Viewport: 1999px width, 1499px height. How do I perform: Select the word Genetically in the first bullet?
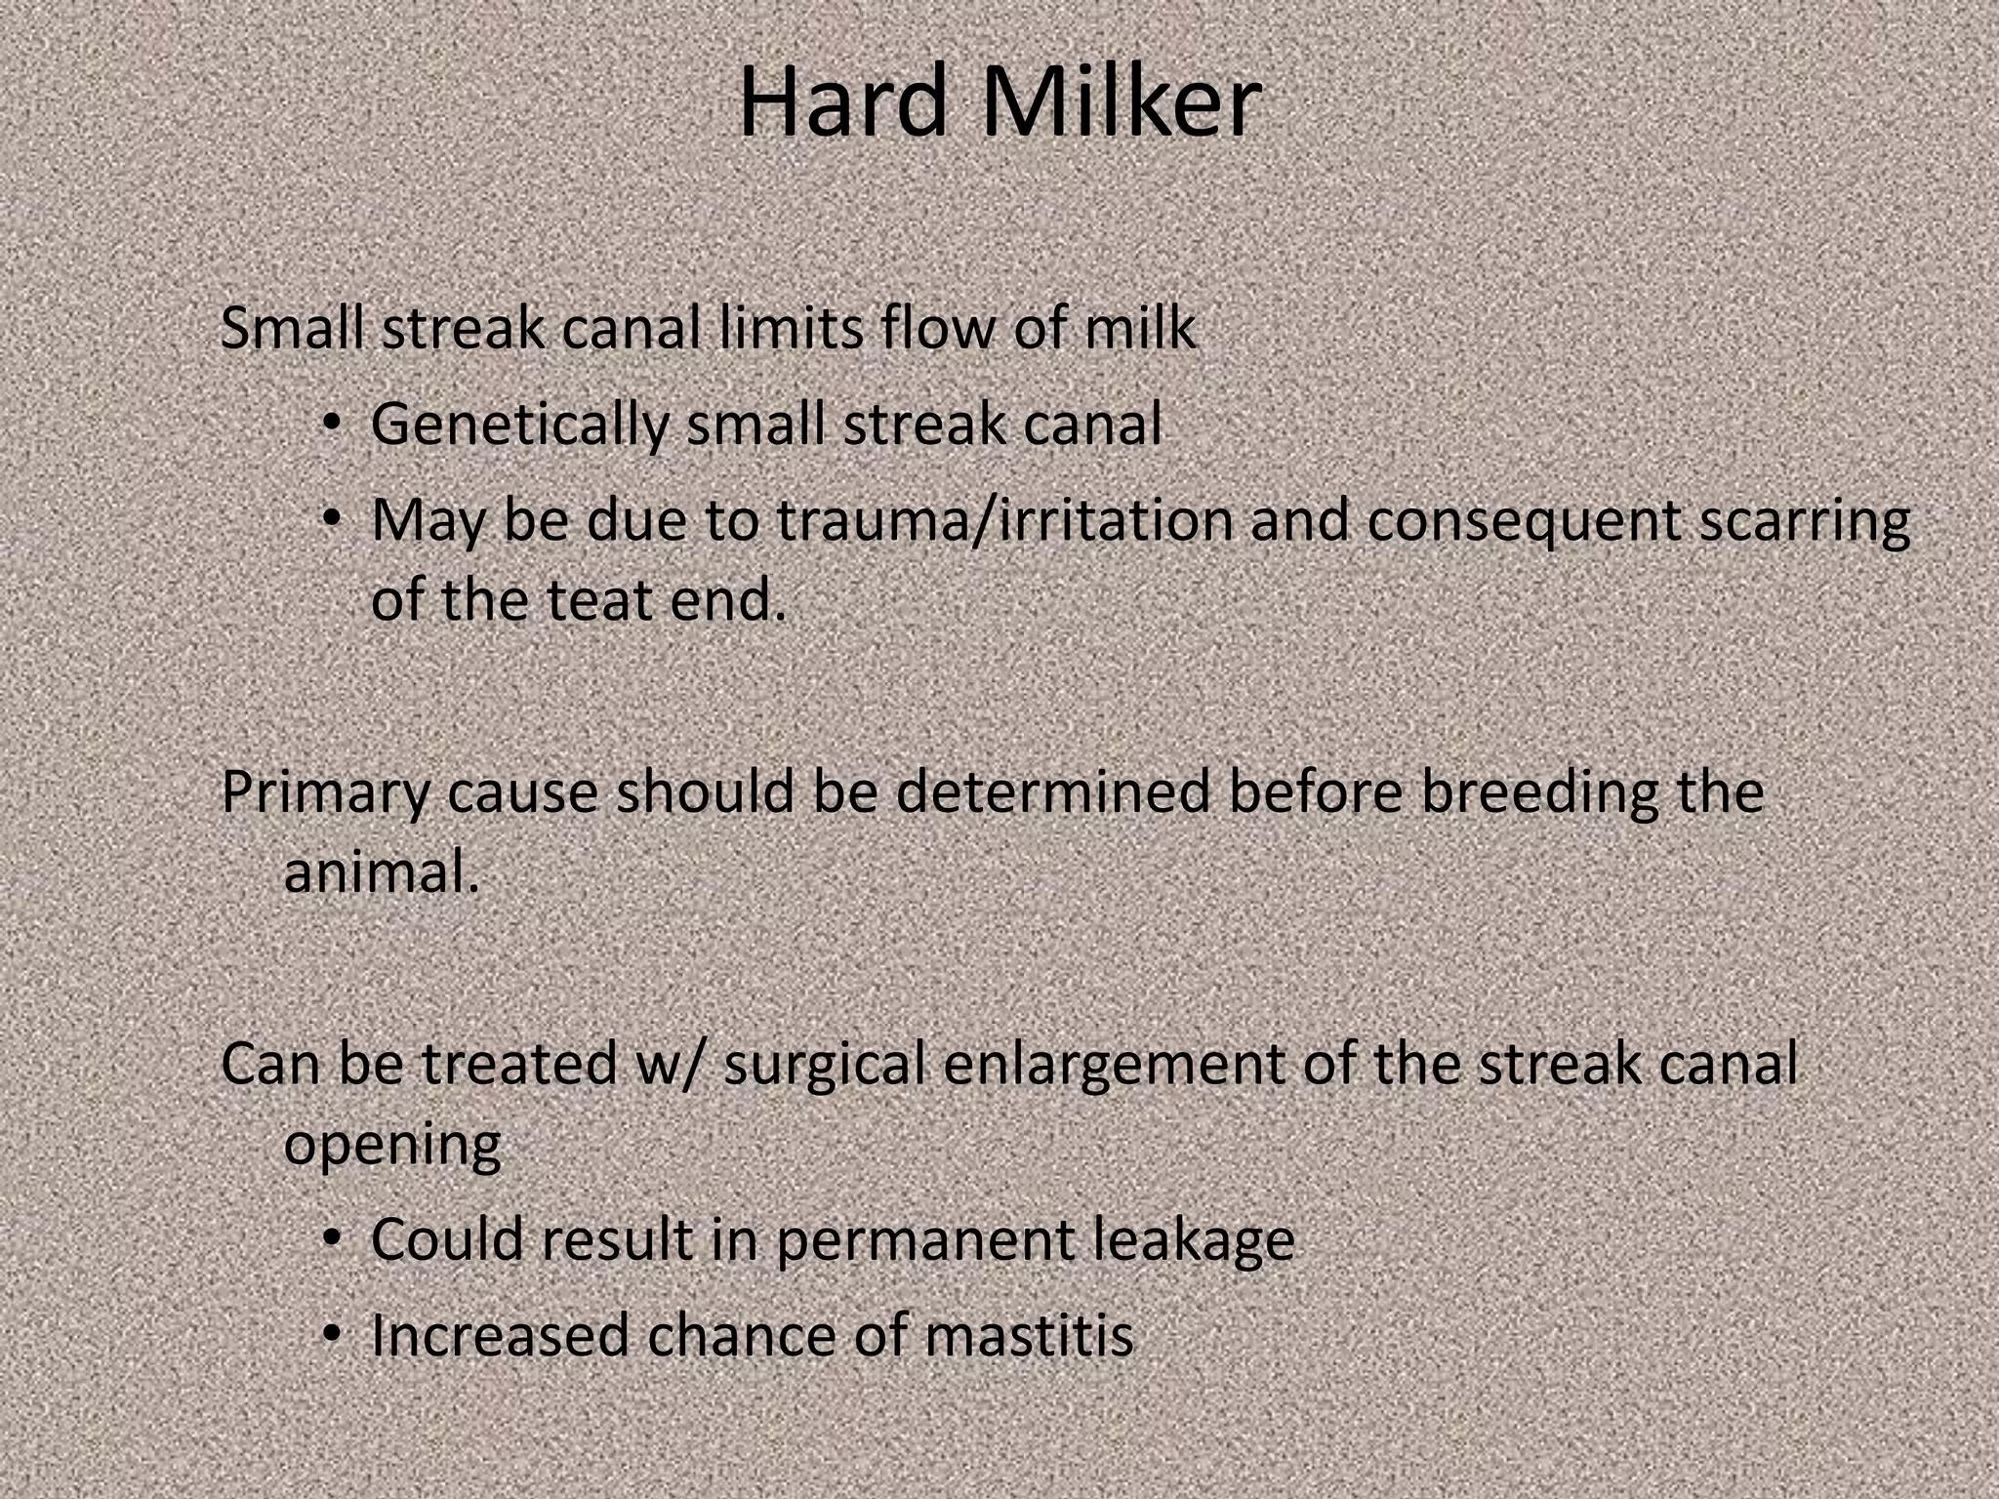click(519, 425)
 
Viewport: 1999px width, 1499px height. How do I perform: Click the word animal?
click(381, 871)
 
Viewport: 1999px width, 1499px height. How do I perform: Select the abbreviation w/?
click(670, 1064)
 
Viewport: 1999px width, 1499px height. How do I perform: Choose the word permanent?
click(923, 1240)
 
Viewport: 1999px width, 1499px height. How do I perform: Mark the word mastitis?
click(1029, 1335)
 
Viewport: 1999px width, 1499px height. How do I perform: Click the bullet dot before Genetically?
click(332, 425)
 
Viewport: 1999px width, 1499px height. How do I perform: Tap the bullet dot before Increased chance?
click(332, 1334)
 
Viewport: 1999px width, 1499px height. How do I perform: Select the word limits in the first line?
click(791, 328)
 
